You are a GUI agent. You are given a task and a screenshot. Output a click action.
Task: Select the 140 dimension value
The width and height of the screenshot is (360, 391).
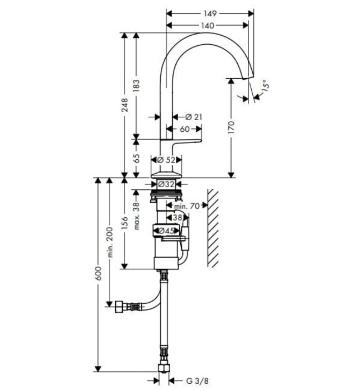(x=207, y=25)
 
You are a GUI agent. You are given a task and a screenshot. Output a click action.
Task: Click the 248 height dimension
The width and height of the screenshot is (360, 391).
(x=124, y=104)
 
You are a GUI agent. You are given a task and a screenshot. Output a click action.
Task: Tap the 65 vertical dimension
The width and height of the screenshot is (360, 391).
(x=136, y=158)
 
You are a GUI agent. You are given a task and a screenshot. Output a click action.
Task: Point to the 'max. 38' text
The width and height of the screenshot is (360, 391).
(x=136, y=212)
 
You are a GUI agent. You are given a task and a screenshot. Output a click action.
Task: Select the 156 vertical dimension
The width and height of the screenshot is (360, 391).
(x=124, y=223)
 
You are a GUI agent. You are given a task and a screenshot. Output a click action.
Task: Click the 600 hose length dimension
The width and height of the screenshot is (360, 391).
(x=98, y=273)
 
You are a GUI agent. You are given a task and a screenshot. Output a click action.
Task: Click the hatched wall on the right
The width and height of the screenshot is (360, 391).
(x=215, y=226)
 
